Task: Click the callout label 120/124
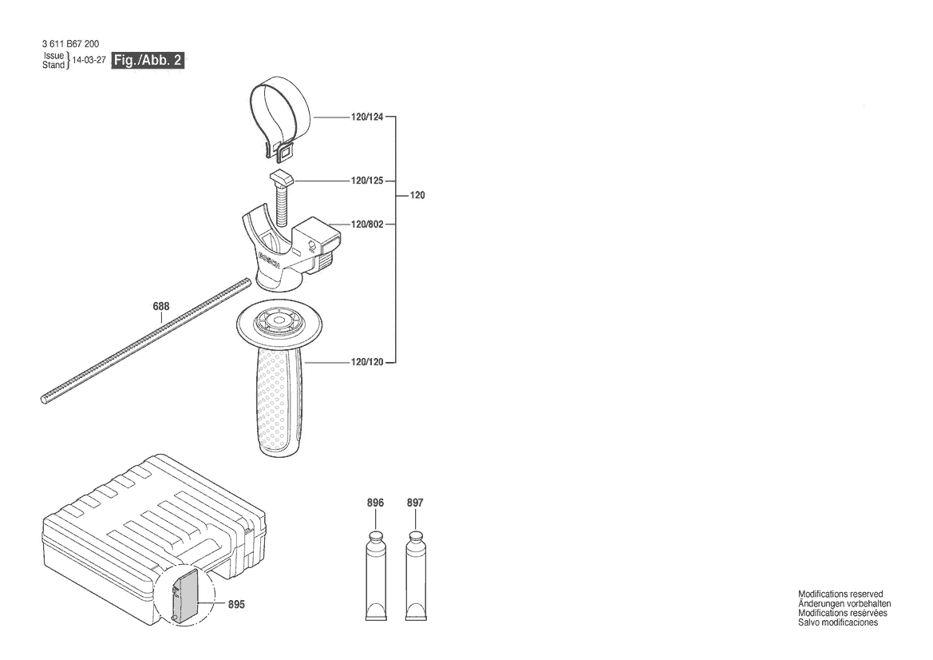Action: tap(366, 117)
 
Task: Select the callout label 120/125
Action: tap(366, 181)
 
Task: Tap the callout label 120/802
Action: tap(366, 225)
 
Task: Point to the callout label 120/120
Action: tap(366, 362)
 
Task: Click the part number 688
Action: tap(161, 306)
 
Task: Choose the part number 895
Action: tap(236, 604)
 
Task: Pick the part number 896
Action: tap(375, 503)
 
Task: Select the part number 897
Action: tap(415, 503)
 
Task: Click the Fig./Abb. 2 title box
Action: tap(148, 60)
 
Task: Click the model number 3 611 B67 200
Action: tap(71, 44)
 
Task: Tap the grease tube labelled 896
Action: tap(375, 575)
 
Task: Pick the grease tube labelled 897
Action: tap(416, 575)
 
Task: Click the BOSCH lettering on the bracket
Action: tap(270, 264)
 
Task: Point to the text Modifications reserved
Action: tap(840, 594)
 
